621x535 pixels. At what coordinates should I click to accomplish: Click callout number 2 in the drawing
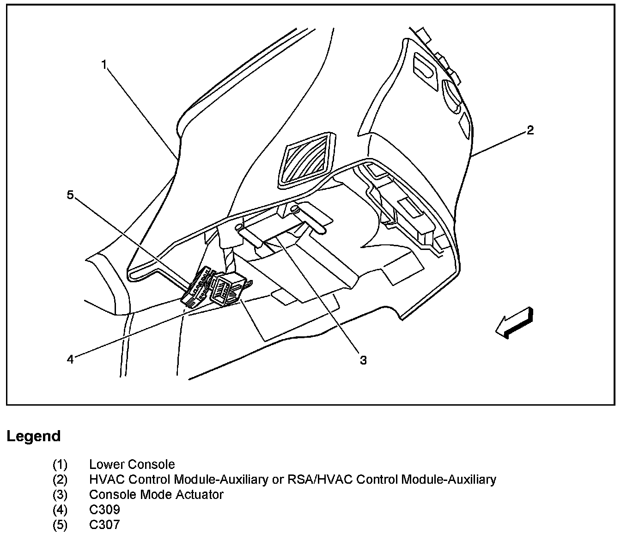[x=530, y=130]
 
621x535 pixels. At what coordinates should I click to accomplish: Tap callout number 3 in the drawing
[x=363, y=360]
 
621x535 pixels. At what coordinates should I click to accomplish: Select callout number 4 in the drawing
[x=70, y=359]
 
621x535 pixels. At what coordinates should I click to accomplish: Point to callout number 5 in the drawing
[x=70, y=195]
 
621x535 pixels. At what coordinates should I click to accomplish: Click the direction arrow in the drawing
[x=514, y=322]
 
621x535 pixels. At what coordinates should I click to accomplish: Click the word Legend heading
[x=33, y=436]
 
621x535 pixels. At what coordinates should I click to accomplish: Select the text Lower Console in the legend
[x=132, y=464]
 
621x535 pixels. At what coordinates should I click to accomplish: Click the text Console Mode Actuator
[x=156, y=494]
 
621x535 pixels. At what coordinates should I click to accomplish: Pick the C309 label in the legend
[x=104, y=510]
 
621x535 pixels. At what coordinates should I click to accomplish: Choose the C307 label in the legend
[x=104, y=525]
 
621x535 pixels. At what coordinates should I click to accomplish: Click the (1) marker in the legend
[x=60, y=464]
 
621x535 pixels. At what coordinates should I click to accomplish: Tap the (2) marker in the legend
[x=60, y=480]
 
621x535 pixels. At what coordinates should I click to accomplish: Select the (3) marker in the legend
[x=60, y=494]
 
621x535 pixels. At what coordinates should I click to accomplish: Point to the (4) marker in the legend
[x=60, y=510]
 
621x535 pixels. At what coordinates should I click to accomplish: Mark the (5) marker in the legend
[x=60, y=525]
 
